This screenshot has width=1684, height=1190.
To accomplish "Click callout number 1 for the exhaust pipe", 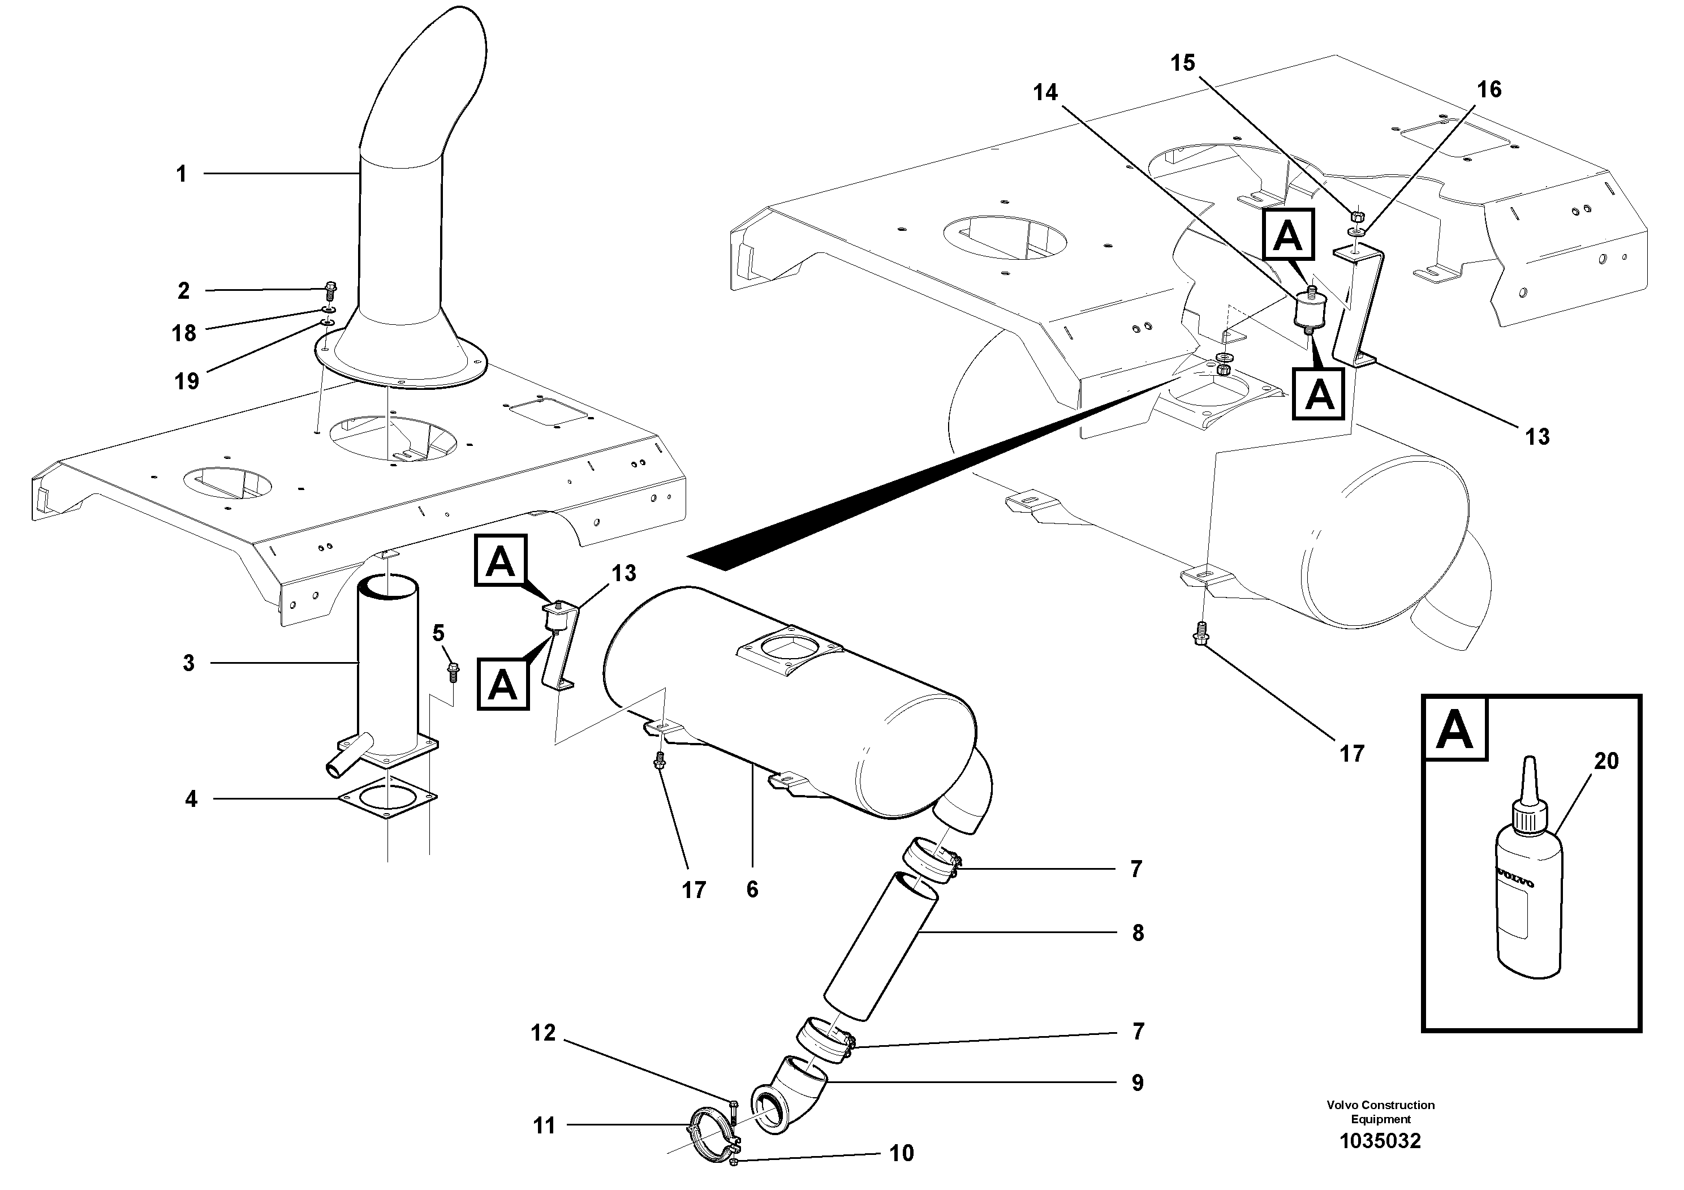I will [181, 175].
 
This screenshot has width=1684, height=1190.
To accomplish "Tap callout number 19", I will [187, 381].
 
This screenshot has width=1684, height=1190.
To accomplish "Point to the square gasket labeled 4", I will [386, 798].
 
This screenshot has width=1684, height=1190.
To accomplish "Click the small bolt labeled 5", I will [453, 671].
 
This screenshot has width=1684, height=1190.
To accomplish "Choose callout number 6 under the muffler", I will [752, 889].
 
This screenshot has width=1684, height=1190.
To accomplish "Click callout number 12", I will [544, 1033].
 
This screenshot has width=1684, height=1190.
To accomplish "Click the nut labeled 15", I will [1356, 217].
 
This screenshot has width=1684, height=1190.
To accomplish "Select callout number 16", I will [1489, 89].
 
